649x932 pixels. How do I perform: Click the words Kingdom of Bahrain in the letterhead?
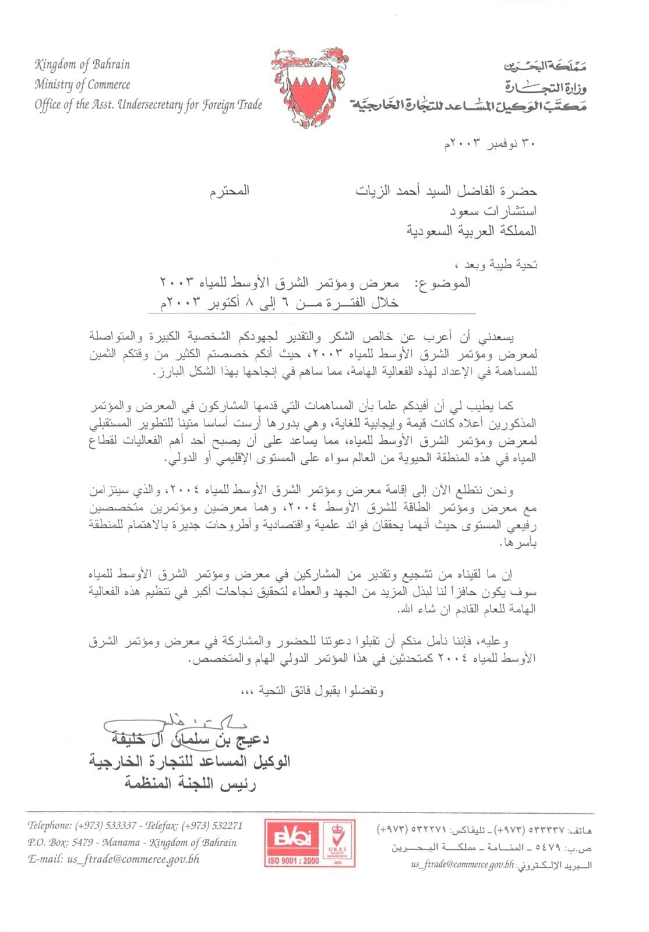[82, 65]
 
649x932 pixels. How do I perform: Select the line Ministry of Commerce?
[82, 84]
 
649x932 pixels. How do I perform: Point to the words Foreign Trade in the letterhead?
[232, 105]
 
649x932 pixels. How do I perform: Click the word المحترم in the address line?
[230, 190]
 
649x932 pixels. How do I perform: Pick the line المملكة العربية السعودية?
[471, 231]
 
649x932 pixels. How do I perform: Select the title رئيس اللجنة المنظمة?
[190, 783]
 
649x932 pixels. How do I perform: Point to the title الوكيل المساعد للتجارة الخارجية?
[190, 761]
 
